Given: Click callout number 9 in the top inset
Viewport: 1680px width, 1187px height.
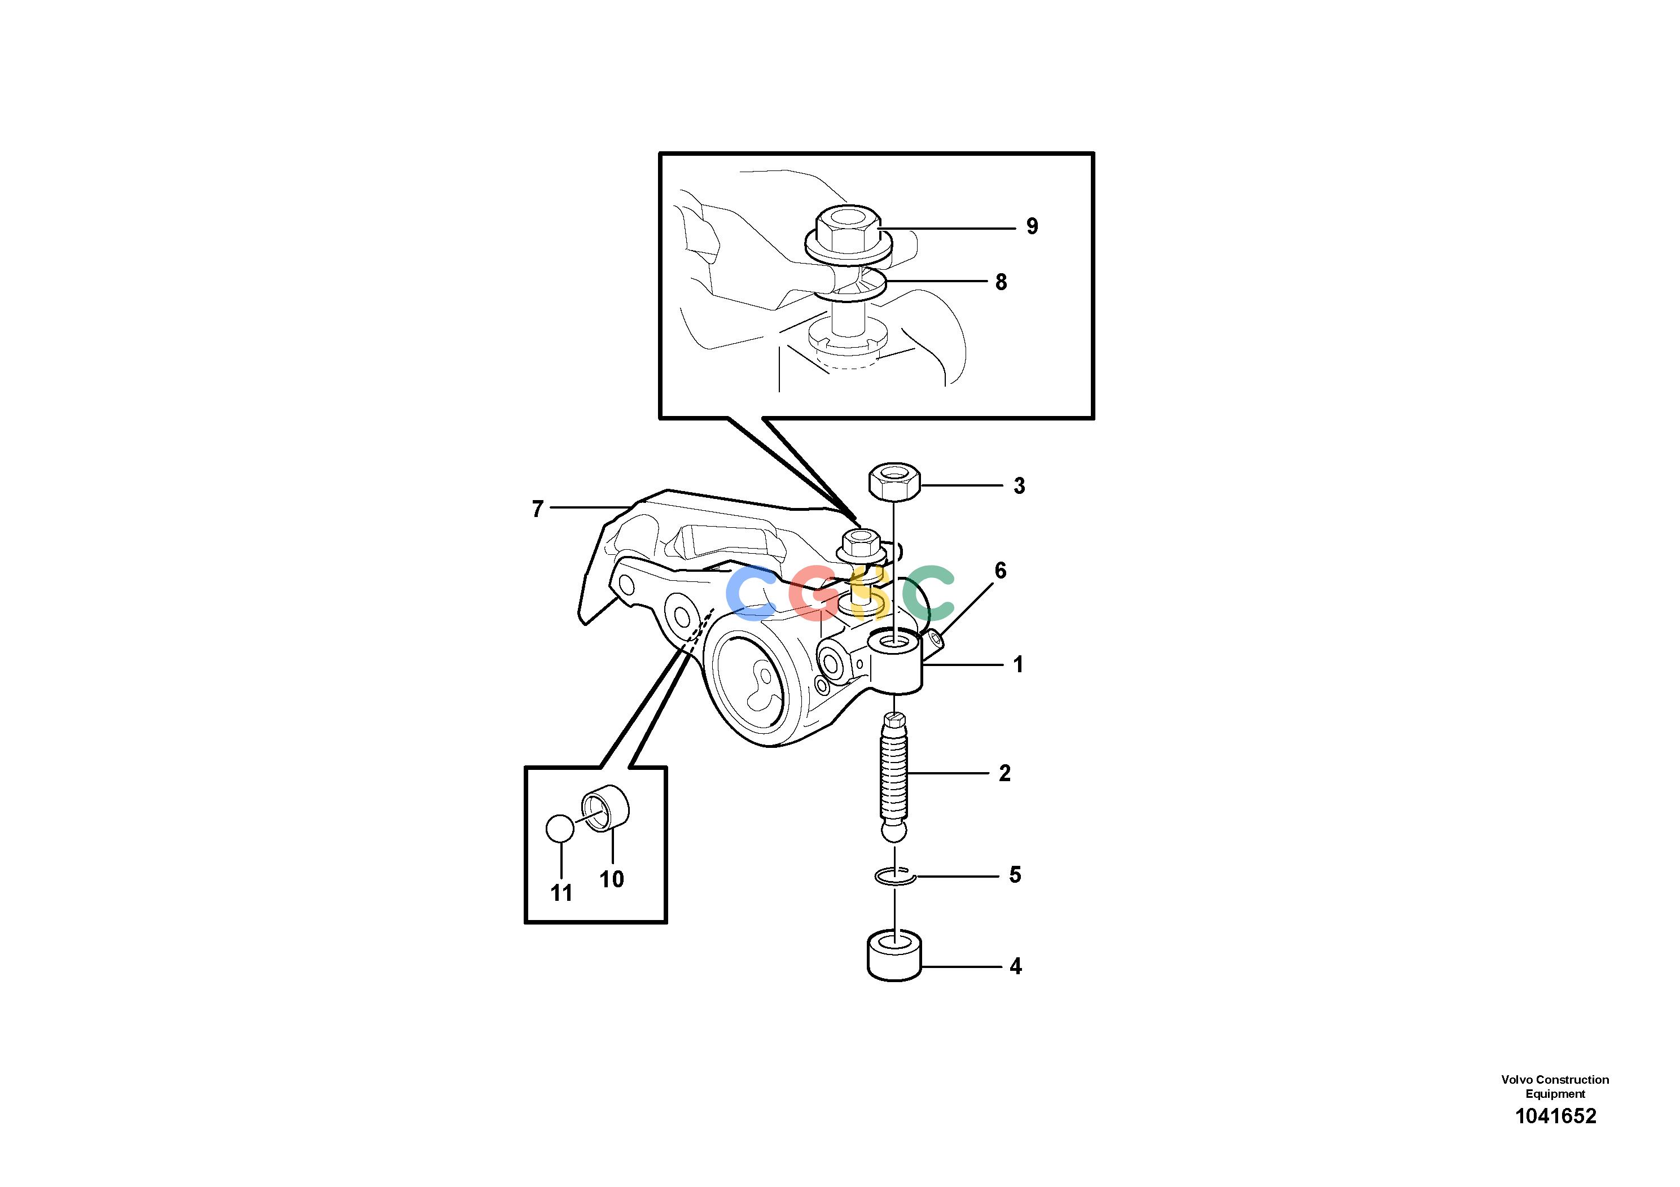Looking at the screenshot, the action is coord(1032,226).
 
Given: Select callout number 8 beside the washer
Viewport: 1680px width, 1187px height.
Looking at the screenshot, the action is coord(1001,282).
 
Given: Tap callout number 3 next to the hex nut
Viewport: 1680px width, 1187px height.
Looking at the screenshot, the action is coord(1019,485).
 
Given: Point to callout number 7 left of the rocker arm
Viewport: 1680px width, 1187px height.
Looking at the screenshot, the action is coord(538,509).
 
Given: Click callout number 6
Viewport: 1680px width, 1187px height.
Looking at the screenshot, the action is coord(1000,570).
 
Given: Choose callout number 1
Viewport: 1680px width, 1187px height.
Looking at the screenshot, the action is coord(1017,664).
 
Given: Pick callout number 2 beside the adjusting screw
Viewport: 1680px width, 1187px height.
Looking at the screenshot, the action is coord(1005,773).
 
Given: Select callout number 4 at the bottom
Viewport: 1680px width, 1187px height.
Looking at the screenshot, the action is coord(1016,967).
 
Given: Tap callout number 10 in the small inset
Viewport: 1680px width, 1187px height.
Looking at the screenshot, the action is coord(612,879).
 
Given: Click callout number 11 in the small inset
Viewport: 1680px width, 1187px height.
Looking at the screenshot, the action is coord(561,893).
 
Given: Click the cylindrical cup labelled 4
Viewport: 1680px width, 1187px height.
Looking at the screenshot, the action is coord(894,955).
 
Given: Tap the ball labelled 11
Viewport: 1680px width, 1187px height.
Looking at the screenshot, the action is coord(560,829).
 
